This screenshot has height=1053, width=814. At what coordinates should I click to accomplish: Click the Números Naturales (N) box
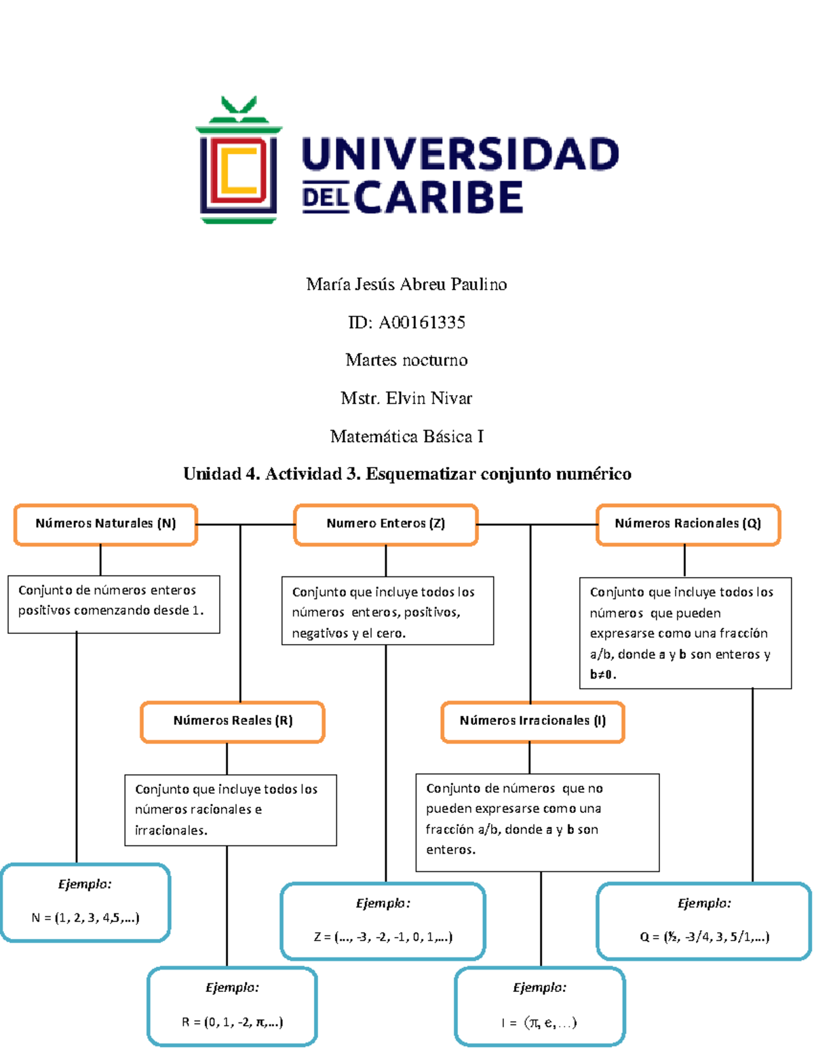pyautogui.click(x=106, y=524)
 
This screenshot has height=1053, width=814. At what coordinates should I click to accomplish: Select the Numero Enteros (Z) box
pyautogui.click(x=386, y=524)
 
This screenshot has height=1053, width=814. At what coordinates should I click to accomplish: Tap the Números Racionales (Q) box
pyautogui.click(x=688, y=524)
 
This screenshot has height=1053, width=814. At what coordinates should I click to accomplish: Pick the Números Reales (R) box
pyautogui.click(x=233, y=721)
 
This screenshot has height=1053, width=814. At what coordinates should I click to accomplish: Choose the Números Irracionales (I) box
pyautogui.click(x=532, y=721)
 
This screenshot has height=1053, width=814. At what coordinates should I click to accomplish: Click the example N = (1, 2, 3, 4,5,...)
pyautogui.click(x=85, y=918)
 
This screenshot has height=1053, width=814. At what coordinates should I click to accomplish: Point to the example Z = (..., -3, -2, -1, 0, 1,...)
pyautogui.click(x=383, y=937)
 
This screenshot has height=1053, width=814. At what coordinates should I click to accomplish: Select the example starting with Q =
pyautogui.click(x=704, y=937)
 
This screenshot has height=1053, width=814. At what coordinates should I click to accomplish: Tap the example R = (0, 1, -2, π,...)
pyautogui.click(x=232, y=1022)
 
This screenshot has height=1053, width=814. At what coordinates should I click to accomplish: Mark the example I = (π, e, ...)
pyautogui.click(x=539, y=1022)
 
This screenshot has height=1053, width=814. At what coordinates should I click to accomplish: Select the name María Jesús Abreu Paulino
pyautogui.click(x=406, y=284)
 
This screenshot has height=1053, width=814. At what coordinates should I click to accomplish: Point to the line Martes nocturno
pyautogui.click(x=406, y=360)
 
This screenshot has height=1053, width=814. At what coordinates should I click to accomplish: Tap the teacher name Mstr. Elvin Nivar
pyautogui.click(x=406, y=398)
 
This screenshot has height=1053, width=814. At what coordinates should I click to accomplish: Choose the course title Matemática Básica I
pyautogui.click(x=406, y=437)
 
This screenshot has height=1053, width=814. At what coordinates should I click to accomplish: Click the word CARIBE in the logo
pyautogui.click(x=438, y=197)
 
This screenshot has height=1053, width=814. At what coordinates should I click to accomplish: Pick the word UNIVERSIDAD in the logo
pyautogui.click(x=460, y=155)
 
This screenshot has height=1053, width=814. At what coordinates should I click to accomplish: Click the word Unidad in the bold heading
pyautogui.click(x=212, y=474)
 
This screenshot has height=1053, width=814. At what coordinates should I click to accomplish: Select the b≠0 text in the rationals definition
pyautogui.click(x=602, y=675)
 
